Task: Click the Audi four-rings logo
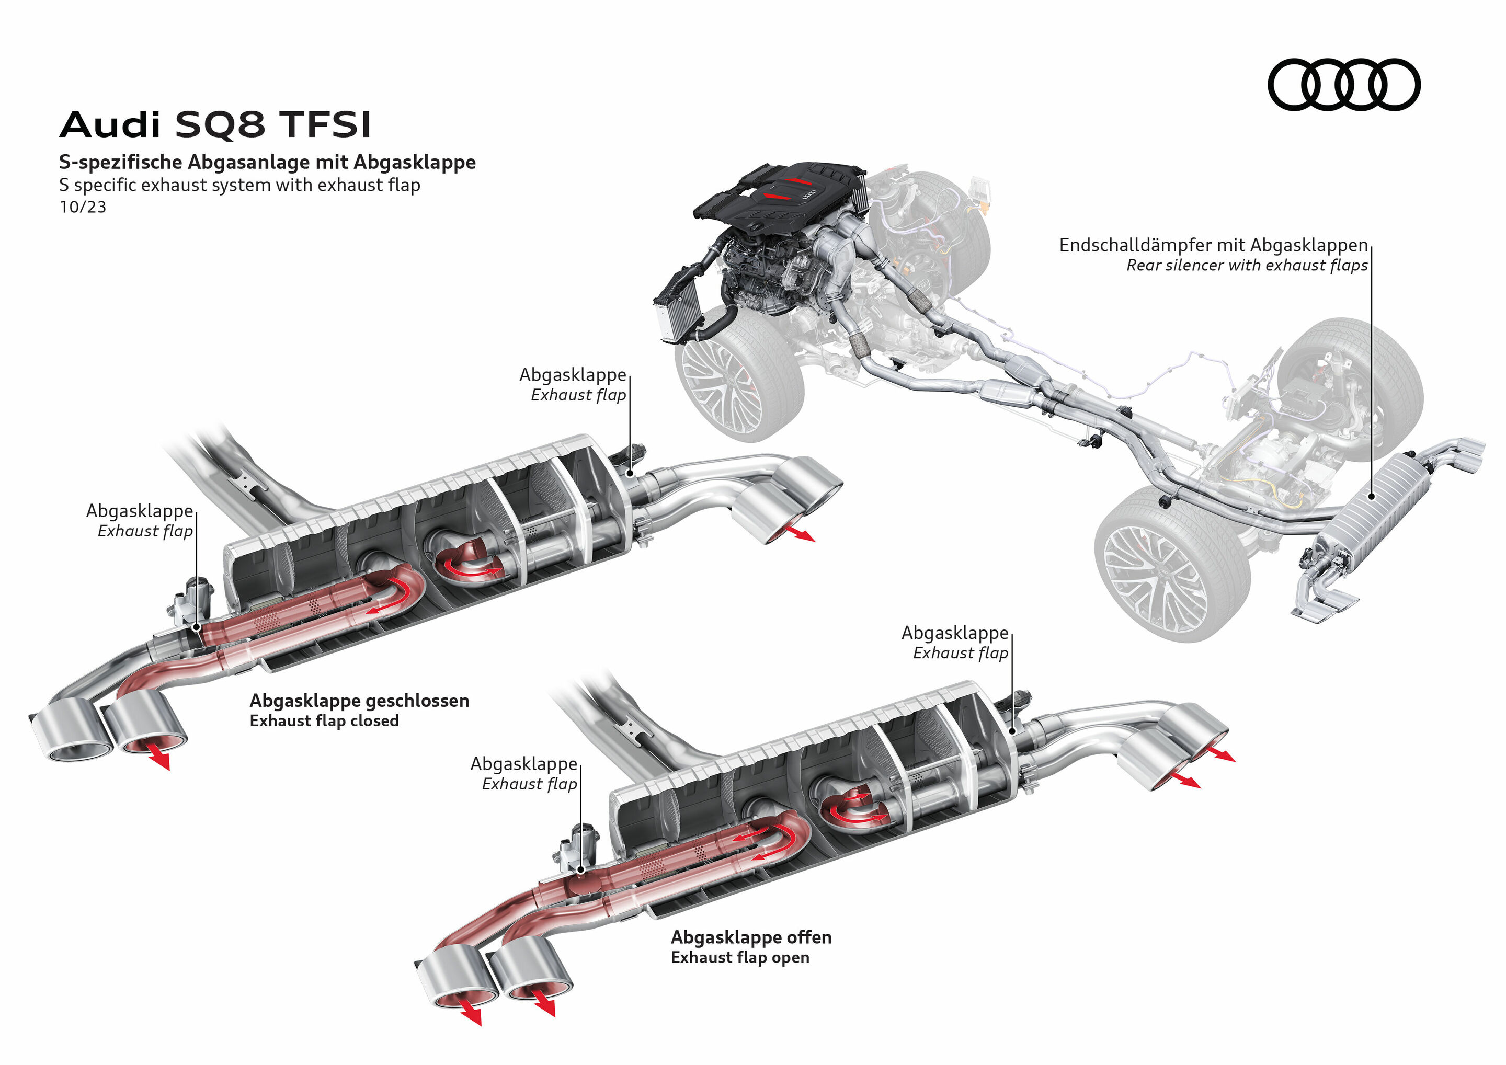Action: tap(1343, 85)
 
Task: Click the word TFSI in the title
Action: tap(325, 124)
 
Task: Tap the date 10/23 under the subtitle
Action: tap(83, 207)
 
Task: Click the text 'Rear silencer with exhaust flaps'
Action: tap(1246, 266)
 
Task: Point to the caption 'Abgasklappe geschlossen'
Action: tap(359, 701)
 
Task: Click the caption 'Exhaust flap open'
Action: tap(739, 958)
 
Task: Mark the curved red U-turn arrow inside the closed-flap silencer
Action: tap(397, 593)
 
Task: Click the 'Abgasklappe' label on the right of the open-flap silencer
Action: tap(954, 634)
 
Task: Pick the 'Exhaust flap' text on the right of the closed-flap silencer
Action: tap(578, 395)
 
